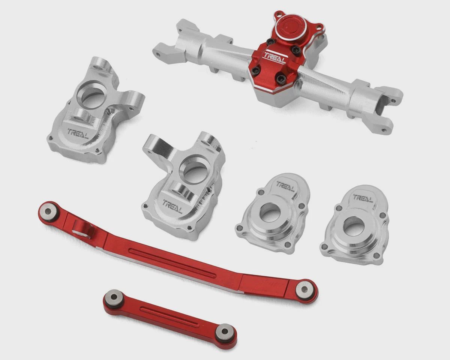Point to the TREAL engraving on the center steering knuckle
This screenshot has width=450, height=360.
click(172, 206)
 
